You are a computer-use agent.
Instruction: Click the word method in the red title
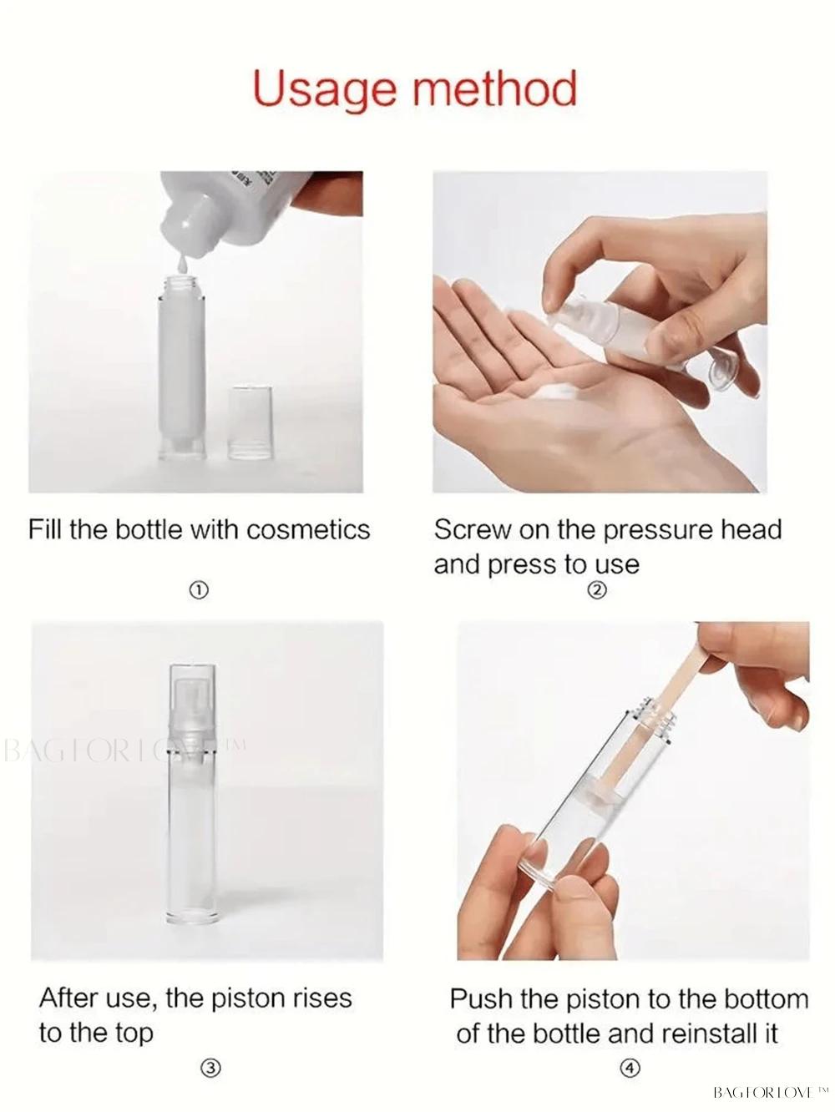point(495,88)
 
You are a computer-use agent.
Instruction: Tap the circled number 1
point(199,590)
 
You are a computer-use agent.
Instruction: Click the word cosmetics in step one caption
point(308,529)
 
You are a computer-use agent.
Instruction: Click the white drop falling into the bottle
point(182,264)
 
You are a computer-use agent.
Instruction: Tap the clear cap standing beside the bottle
point(250,423)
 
